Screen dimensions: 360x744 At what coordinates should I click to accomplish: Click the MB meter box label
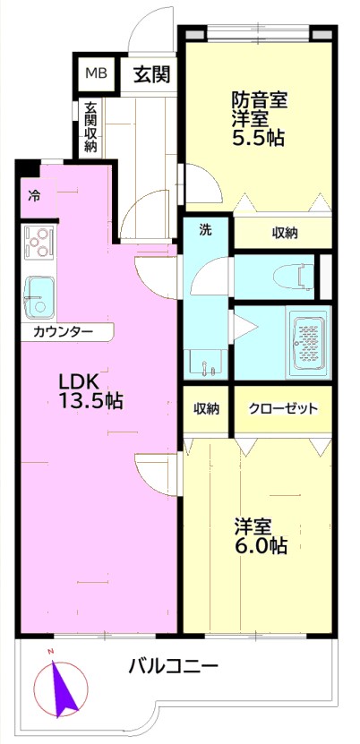pyautogui.click(x=96, y=73)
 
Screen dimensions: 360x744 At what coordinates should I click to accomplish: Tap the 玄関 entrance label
pyautogui.click(x=151, y=74)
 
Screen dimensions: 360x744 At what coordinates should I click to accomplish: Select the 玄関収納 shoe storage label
pyautogui.click(x=90, y=127)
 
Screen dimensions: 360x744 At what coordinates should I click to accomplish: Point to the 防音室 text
pyautogui.click(x=259, y=100)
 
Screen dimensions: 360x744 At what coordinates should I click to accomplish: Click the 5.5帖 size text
pyautogui.click(x=258, y=137)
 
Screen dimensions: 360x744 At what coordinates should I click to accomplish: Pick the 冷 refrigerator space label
pyautogui.click(x=33, y=194)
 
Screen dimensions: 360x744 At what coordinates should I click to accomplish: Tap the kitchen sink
pyautogui.click(x=39, y=297)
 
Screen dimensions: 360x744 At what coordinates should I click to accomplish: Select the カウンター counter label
pyautogui.click(x=63, y=331)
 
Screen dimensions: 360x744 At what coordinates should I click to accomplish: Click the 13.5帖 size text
pyautogui.click(x=90, y=401)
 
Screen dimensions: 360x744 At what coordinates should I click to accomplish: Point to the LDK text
pyautogui.click(x=78, y=381)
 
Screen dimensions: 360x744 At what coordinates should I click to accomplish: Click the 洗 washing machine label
pyautogui.click(x=204, y=230)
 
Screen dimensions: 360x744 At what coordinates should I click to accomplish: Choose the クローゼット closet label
pyautogui.click(x=283, y=408)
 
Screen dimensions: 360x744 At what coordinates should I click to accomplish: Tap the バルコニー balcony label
pyautogui.click(x=174, y=667)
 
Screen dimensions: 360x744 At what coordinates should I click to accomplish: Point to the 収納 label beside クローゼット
pyautogui.click(x=206, y=408)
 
